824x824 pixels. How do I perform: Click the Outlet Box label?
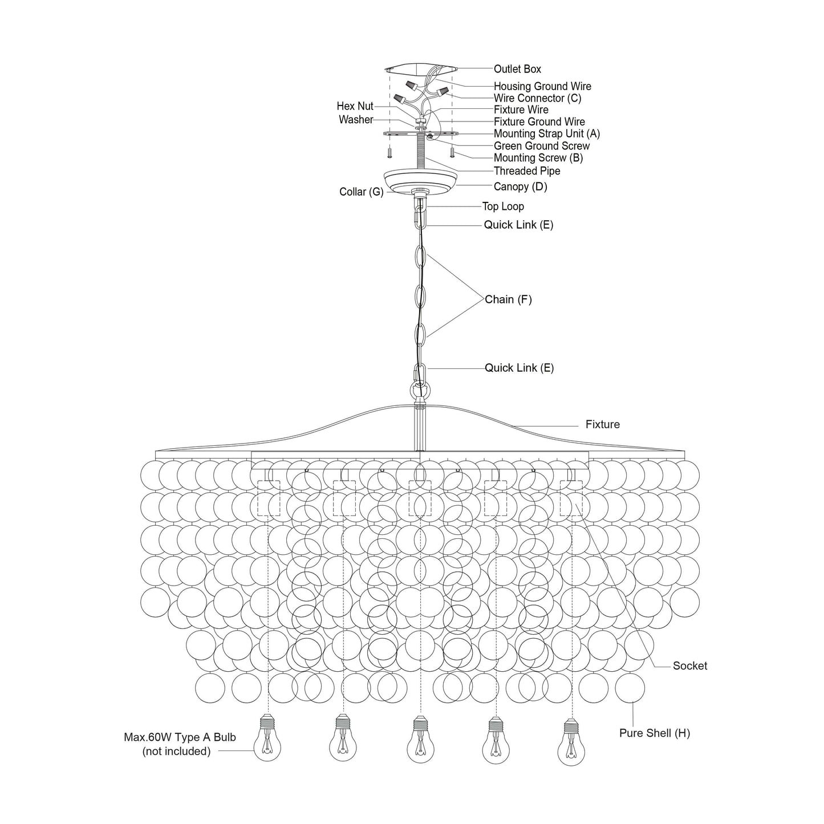(517, 69)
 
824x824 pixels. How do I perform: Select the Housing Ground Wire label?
(542, 86)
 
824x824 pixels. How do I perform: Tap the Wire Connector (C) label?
(537, 98)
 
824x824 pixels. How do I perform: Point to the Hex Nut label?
(355, 106)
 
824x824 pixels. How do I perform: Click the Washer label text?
(356, 120)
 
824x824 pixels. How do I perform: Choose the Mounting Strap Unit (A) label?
(546, 133)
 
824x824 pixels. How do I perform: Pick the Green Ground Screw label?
(541, 146)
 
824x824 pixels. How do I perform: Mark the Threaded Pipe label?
(526, 171)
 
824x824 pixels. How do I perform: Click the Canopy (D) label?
(520, 186)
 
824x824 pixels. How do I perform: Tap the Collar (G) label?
(362, 192)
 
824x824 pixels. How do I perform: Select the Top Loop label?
(503, 206)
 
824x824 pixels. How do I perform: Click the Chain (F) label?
(508, 299)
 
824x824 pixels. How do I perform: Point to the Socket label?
(689, 665)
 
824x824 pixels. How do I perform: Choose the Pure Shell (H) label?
(654, 733)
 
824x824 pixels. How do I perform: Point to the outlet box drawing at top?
(420, 69)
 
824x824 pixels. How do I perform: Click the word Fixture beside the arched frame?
(602, 424)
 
